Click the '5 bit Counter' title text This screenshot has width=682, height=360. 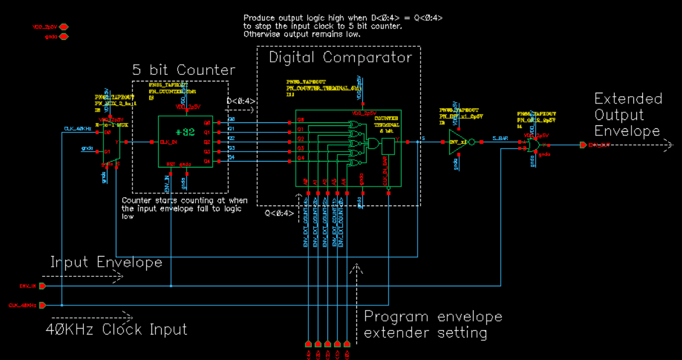click(184, 70)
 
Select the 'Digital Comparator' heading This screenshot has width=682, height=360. click(340, 58)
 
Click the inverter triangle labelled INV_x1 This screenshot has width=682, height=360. click(458, 143)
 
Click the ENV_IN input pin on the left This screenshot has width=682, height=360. click(42, 286)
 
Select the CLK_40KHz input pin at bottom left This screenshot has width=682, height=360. click(42, 305)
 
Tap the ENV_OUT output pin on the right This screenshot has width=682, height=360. click(584, 145)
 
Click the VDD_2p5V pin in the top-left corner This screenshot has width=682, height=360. click(64, 27)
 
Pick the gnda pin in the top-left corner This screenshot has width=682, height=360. click(64, 37)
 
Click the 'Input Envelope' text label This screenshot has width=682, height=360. click(106, 262)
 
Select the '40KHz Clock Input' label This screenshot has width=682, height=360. click(116, 329)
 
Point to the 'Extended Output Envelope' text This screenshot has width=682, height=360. click(628, 115)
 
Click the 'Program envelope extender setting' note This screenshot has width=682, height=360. click(432, 324)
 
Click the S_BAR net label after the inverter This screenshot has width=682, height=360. click(500, 139)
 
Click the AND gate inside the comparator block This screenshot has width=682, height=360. click(374, 143)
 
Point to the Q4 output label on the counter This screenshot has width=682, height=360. click(207, 157)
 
